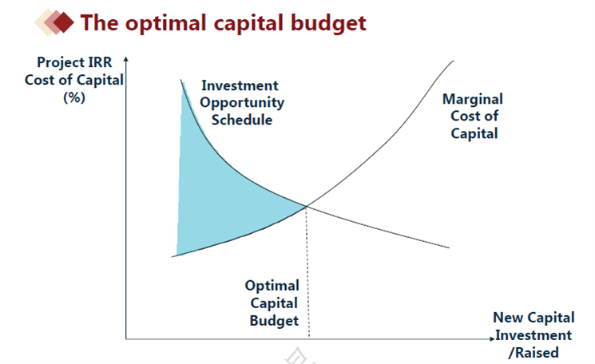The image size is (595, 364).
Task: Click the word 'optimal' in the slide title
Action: pyautogui.click(x=166, y=23)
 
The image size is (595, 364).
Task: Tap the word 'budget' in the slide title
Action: pyautogui.click(x=328, y=23)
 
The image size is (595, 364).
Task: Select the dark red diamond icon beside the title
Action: pyautogui.click(x=63, y=22)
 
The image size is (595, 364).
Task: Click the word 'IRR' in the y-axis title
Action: pyautogui.click(x=101, y=62)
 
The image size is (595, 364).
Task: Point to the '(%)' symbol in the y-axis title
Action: pyautogui.click(x=74, y=97)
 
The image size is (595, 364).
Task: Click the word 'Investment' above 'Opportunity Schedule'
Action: pyautogui.click(x=240, y=85)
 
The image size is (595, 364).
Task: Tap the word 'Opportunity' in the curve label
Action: pyautogui.click(x=242, y=103)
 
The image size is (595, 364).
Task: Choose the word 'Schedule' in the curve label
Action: pyautogui.click(x=242, y=120)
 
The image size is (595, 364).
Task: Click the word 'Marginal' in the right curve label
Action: pyautogui.click(x=473, y=99)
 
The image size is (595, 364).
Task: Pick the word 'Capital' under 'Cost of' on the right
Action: pyautogui.click(x=474, y=133)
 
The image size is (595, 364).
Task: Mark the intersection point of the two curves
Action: pyautogui.click(x=306, y=206)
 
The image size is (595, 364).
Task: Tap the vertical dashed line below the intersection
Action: pyautogui.click(x=307, y=271)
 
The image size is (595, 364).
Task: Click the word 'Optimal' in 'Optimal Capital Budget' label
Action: pyautogui.click(x=272, y=286)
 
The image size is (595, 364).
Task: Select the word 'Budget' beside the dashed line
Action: pyautogui.click(x=274, y=321)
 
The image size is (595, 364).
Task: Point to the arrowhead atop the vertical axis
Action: pyautogui.click(x=126, y=59)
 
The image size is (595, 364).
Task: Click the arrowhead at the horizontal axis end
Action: pyautogui.click(x=493, y=338)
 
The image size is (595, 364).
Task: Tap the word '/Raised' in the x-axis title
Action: pyautogui.click(x=534, y=353)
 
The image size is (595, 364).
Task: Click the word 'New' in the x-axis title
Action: pyautogui.click(x=509, y=318)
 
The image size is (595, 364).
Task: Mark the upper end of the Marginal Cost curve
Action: pyautogui.click(x=453, y=61)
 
